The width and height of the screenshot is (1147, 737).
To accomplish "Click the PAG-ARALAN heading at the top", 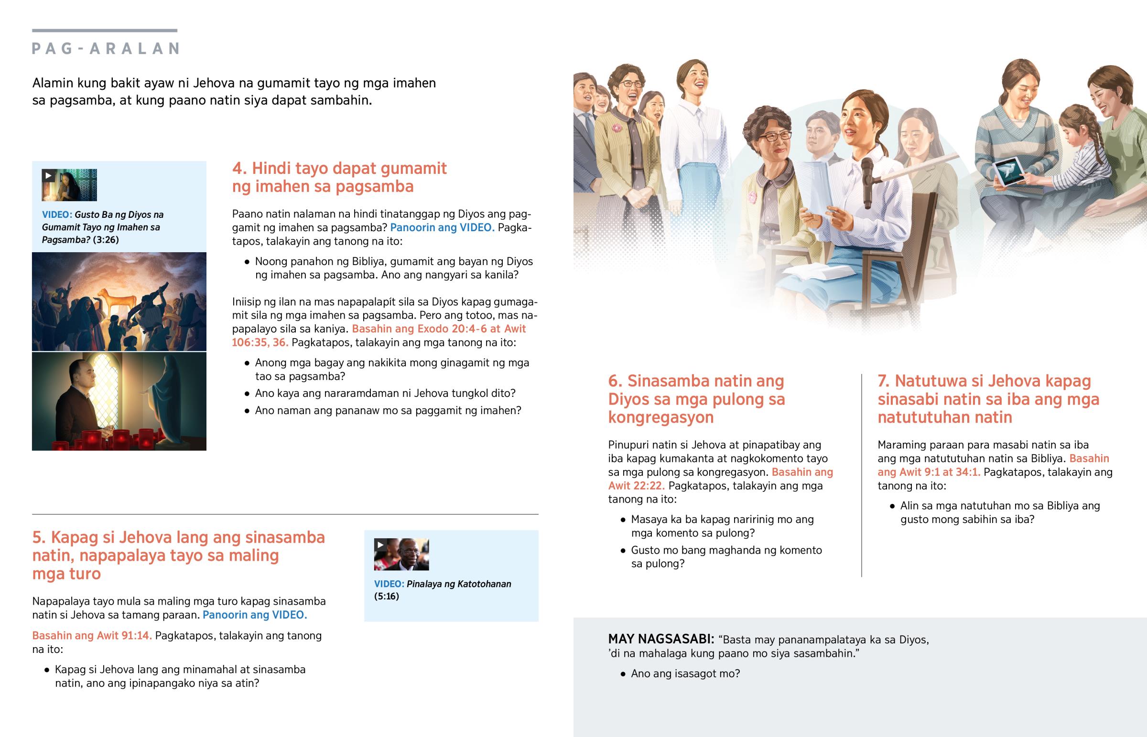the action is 106,48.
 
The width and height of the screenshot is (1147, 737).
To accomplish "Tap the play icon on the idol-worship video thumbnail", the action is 48,176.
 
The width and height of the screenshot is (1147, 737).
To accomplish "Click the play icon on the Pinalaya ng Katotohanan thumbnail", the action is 380,545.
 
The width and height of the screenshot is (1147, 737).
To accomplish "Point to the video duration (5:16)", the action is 386,596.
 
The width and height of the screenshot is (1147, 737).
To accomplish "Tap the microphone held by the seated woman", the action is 867,182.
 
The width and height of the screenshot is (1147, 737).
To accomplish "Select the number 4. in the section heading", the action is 239,169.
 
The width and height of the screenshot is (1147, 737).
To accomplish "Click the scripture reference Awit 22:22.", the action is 636,486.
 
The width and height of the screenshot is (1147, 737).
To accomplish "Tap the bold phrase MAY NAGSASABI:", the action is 661,640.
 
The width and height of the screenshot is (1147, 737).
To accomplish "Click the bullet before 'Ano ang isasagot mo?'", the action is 623,674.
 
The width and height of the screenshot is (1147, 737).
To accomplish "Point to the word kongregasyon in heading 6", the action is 660,417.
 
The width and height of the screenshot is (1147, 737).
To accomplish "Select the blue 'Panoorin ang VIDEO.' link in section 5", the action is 255,615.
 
